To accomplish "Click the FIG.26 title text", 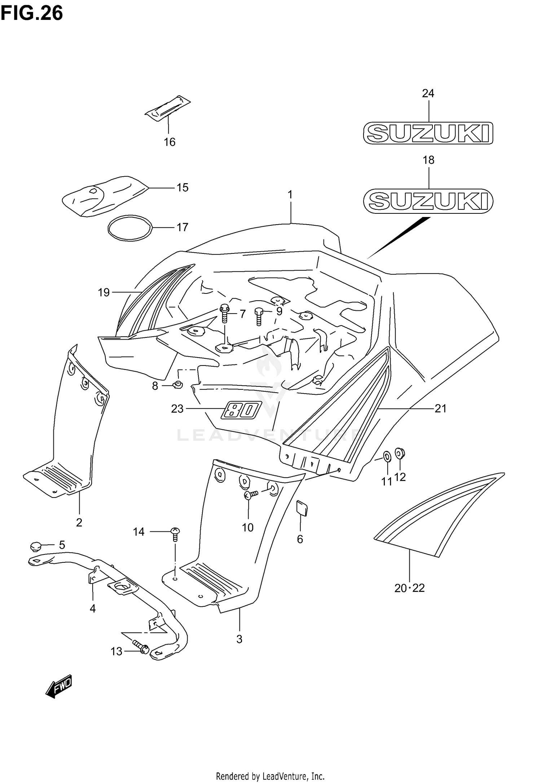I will pyautogui.click(x=32, y=14).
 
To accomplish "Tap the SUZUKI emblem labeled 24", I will pyautogui.click(x=428, y=133).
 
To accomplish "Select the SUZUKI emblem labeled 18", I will pyautogui.click(x=428, y=200).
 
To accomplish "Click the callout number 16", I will pyautogui.click(x=170, y=142).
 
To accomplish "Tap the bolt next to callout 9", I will pyautogui.click(x=259, y=316).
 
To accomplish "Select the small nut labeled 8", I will pyautogui.click(x=177, y=385).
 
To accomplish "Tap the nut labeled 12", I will pyautogui.click(x=400, y=452).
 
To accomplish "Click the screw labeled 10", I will pyautogui.click(x=250, y=495).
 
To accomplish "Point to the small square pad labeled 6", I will pyautogui.click(x=302, y=508).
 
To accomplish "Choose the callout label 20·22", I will pyautogui.click(x=409, y=588).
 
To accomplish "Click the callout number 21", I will pyautogui.click(x=440, y=408).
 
